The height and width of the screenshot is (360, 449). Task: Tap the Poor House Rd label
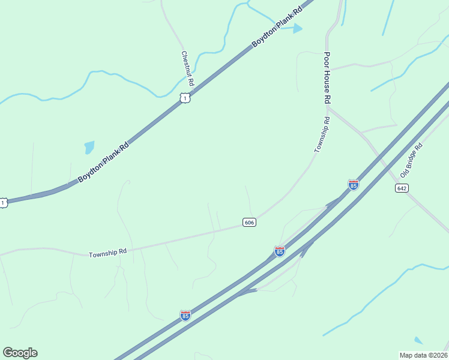click(327, 78)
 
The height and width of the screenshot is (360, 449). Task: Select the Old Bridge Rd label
click(412, 160)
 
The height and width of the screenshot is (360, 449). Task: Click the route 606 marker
click(250, 222)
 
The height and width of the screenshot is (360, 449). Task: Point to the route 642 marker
click(402, 188)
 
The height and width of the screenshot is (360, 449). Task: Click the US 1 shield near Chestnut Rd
click(185, 98)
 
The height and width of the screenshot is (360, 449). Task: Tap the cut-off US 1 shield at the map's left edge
click(3, 203)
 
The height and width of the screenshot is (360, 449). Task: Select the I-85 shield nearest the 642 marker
click(354, 185)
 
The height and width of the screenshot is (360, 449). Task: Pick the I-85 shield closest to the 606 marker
click(280, 251)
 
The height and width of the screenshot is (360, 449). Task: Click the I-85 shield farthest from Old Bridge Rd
click(185, 315)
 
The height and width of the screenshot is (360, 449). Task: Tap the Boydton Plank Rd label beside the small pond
click(103, 162)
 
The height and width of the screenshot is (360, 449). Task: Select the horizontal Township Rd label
click(107, 254)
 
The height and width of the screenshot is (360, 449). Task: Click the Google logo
click(20, 353)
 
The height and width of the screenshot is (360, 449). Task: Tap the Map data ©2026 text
click(424, 355)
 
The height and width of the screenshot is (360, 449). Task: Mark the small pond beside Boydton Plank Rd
click(89, 146)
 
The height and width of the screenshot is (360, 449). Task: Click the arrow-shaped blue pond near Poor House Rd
click(297, 28)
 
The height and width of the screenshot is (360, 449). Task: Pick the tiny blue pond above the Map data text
click(419, 340)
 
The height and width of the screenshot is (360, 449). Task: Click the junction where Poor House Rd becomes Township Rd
click(328, 107)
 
